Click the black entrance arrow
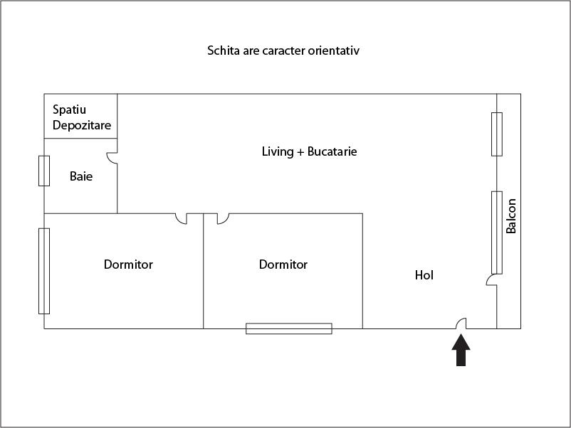coord(461,351)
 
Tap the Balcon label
coord(510,216)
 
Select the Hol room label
coord(424,275)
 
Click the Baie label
coord(81,176)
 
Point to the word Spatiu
coord(69,110)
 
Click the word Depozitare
coord(81,125)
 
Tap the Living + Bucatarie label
coord(309,151)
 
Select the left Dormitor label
coord(128,264)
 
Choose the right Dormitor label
coord(283,264)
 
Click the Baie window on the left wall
coord(44,171)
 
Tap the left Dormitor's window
coord(44,271)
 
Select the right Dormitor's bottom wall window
coord(289,328)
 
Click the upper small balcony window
coord(497,134)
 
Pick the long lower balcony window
coord(497,232)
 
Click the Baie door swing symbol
coord(112,157)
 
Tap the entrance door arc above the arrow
coord(461,324)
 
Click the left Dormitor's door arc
coord(182,218)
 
